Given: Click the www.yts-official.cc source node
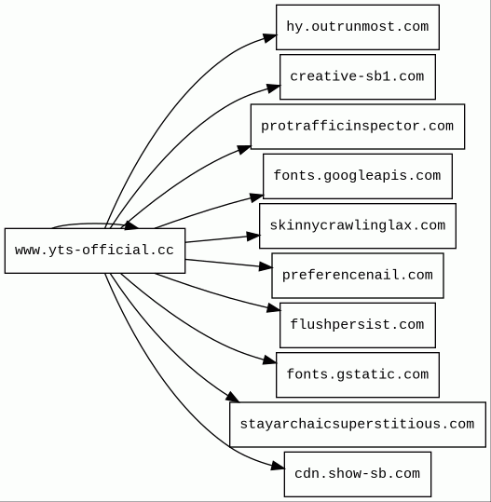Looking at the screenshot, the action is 95,251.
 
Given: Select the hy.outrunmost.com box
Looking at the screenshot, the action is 358,27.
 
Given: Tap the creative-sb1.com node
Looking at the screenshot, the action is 358,76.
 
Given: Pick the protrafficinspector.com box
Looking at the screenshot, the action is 358,127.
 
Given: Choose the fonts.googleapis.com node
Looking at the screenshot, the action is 358,176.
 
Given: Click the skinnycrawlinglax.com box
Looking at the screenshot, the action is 358,225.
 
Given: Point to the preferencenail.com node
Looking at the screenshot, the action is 358,276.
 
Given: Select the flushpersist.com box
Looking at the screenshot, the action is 358,325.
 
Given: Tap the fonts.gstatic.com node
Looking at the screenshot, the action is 358,375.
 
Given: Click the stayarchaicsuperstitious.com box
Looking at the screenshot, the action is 358,425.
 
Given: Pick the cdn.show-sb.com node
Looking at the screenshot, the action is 358,474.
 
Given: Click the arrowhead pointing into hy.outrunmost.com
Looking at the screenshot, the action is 270,38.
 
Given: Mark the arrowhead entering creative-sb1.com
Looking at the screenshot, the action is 274,88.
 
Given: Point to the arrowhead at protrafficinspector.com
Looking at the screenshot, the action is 244,150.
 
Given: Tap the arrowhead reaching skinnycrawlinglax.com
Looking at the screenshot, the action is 253,237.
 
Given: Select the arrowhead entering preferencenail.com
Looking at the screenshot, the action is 266,266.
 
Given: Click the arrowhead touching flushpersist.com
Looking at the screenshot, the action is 274,308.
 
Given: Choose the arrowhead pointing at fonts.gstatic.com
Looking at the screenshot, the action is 269,360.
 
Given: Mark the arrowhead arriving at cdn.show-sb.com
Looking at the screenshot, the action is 278,466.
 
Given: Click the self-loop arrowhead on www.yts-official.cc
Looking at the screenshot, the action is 131,225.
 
